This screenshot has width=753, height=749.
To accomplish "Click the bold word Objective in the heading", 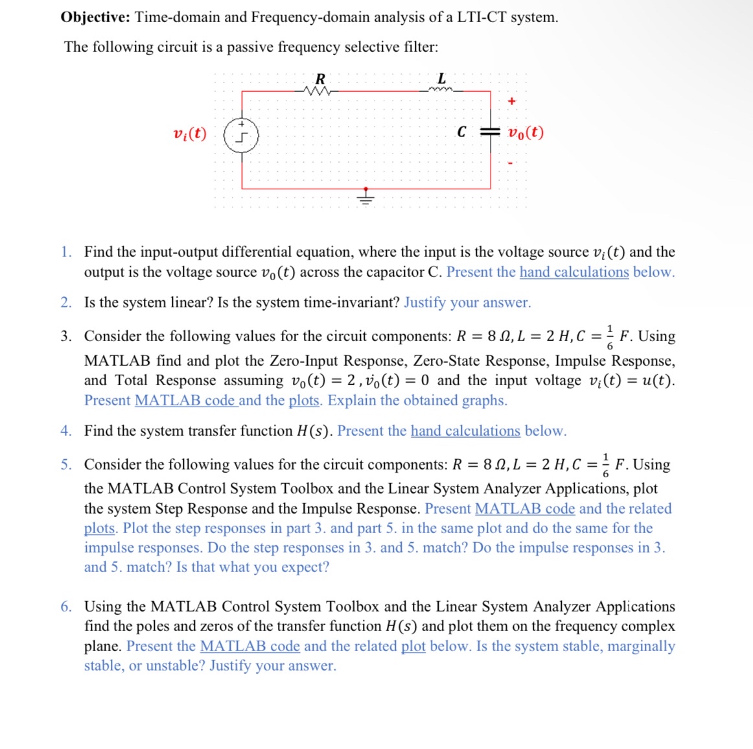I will pos(95,18).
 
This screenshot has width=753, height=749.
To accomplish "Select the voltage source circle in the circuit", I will pos(241,136).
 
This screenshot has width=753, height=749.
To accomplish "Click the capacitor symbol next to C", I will pos(490,132).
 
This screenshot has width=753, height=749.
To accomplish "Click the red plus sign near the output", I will pos(512,101).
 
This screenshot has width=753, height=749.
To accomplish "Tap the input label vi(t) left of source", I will pos(189,134).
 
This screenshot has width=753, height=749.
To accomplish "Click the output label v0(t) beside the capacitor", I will pos(526,133).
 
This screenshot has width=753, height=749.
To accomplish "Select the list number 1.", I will pos(66,252).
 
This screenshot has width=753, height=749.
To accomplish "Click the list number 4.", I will pos(66,431).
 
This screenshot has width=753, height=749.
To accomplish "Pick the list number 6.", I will pos(66,606).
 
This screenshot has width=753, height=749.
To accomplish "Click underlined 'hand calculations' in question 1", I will pos(573,272).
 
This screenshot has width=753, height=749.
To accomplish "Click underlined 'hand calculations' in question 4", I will pos(465,431).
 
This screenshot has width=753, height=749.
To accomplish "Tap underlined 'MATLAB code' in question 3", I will pos(184,400).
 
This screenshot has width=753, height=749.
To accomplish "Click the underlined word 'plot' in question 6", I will pos(413,646).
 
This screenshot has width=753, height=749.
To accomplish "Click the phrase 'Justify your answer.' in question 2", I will pos(467,302).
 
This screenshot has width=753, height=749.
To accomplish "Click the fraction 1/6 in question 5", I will pos(605,464).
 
